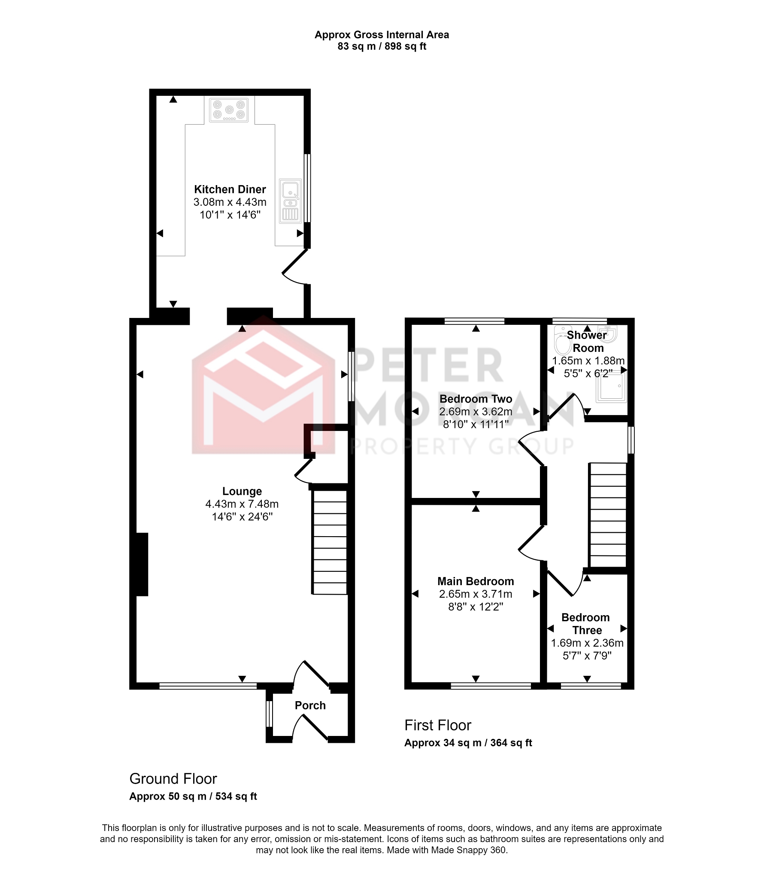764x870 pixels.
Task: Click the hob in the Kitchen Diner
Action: pyautogui.click(x=229, y=110)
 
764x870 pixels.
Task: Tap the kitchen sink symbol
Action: pyautogui.click(x=290, y=201)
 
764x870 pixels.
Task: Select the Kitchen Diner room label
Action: pyautogui.click(x=230, y=189)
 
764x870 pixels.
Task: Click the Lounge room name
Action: pyautogui.click(x=242, y=491)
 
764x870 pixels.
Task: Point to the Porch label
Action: pyautogui.click(x=310, y=705)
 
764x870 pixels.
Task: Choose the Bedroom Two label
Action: pyautogui.click(x=476, y=399)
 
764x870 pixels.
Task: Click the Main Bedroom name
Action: pyautogui.click(x=476, y=581)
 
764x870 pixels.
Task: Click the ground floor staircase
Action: pyautogui.click(x=330, y=542)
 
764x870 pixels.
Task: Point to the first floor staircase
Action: pyautogui.click(x=608, y=515)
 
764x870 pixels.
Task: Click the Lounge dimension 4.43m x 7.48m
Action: pyautogui.click(x=242, y=504)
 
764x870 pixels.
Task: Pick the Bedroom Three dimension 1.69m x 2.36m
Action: pyautogui.click(x=587, y=643)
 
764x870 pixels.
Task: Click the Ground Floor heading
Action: pyautogui.click(x=173, y=778)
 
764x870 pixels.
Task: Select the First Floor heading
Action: pyautogui.click(x=438, y=725)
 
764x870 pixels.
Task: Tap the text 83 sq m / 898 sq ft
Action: pyautogui.click(x=382, y=46)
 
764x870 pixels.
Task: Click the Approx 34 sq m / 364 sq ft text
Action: pyautogui.click(x=468, y=743)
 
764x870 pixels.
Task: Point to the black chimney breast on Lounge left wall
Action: pyautogui.click(x=142, y=565)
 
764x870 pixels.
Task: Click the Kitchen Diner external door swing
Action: pyautogui.click(x=295, y=267)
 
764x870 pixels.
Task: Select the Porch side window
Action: pyautogui.click(x=269, y=714)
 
